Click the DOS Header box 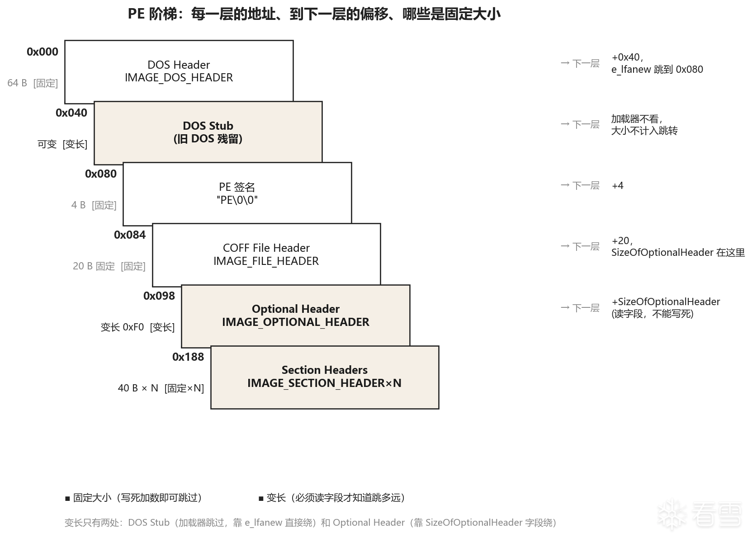click(179, 71)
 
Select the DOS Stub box click(208, 132)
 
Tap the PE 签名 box click(237, 193)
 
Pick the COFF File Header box click(266, 255)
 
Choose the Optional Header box click(296, 316)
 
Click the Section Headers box click(325, 377)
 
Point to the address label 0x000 click(43, 52)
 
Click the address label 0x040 click(71, 113)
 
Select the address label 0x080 click(101, 174)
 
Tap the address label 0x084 click(130, 235)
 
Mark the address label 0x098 click(159, 296)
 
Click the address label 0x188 click(188, 357)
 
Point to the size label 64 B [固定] click(33, 83)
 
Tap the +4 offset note click(618, 186)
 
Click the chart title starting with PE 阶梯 click(314, 14)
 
